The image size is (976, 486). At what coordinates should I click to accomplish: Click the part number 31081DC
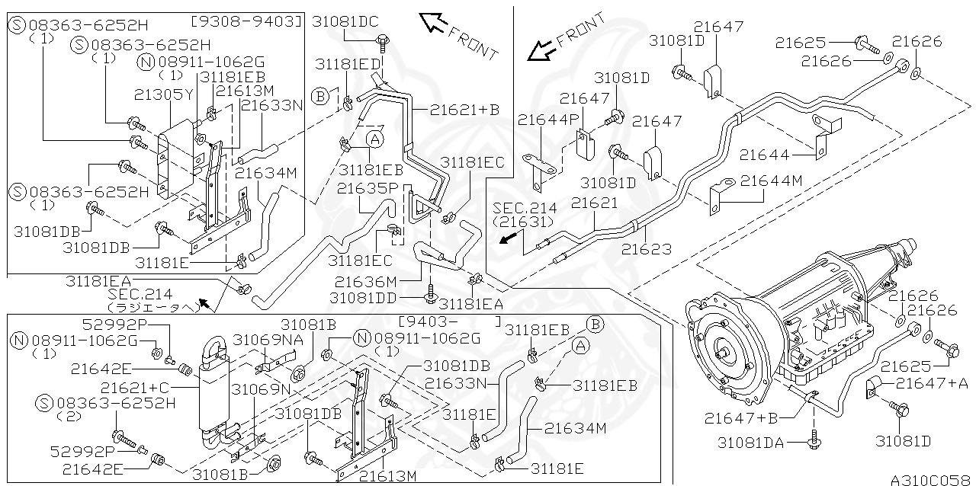(345, 22)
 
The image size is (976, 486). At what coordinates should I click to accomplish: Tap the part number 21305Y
(164, 94)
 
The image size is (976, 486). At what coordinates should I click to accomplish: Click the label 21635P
(368, 187)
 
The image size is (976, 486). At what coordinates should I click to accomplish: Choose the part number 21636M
(366, 281)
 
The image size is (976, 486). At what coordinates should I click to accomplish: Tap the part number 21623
(647, 248)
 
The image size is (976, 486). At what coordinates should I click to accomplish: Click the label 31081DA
(755, 442)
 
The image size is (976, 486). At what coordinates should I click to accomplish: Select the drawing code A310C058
(929, 479)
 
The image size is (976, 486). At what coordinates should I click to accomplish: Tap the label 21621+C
(136, 388)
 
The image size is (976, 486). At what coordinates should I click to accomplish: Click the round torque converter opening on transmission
(722, 352)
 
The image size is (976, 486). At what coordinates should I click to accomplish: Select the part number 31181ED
(348, 64)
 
